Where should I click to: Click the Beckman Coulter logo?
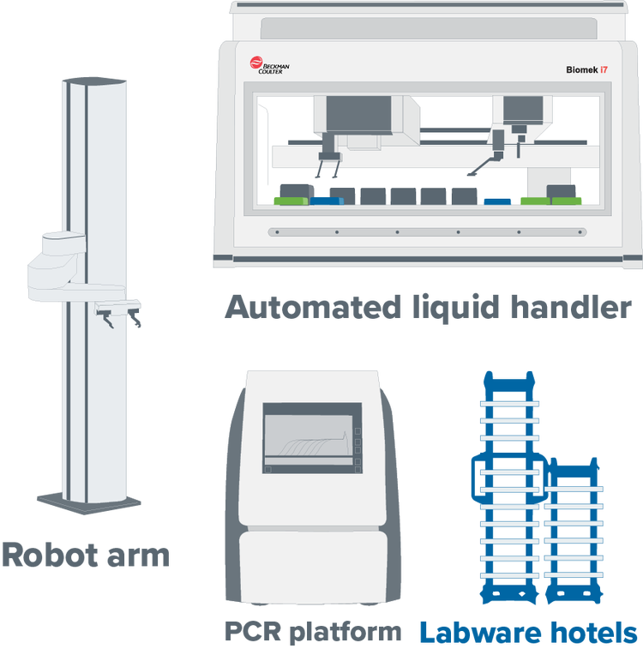point(264,65)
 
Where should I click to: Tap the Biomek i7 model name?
point(587,68)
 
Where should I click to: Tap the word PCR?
point(254,633)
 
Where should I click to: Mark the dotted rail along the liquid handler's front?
point(426,231)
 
